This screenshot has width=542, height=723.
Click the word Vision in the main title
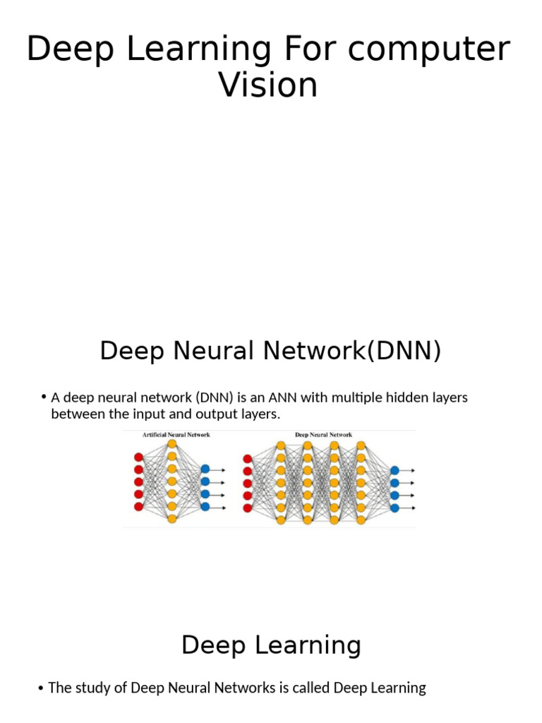268,85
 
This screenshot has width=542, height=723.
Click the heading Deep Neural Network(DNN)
270,350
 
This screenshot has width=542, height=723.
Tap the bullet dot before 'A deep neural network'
44,398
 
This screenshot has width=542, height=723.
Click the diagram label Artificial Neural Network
176,435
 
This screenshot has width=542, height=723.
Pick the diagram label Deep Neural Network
323,435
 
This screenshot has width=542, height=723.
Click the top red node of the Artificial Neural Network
138,458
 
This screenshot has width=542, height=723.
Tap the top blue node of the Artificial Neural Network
205,469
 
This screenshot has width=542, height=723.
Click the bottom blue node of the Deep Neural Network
395,508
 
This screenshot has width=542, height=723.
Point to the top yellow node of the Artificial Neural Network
171,444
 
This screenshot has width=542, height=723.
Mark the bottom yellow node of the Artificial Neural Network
171,519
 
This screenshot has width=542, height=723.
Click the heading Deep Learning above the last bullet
271,645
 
